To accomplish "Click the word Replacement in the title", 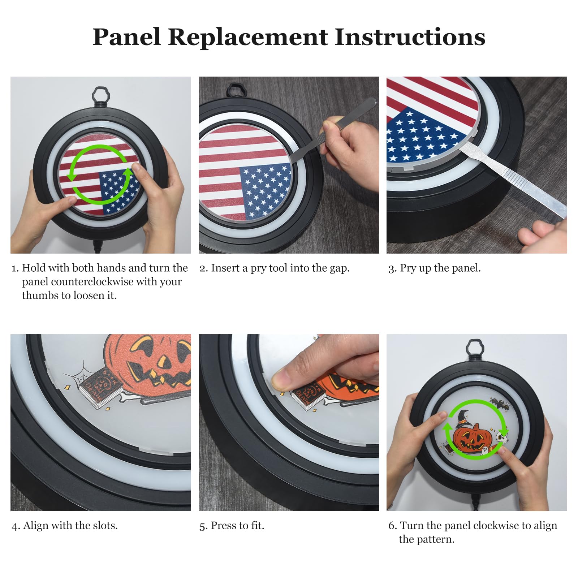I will [x=248, y=37].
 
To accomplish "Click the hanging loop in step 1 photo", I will [x=100, y=95].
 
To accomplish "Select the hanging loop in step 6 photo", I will [x=474, y=348].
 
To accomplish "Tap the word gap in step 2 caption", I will [x=339, y=268].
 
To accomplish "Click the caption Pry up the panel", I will [x=434, y=268].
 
